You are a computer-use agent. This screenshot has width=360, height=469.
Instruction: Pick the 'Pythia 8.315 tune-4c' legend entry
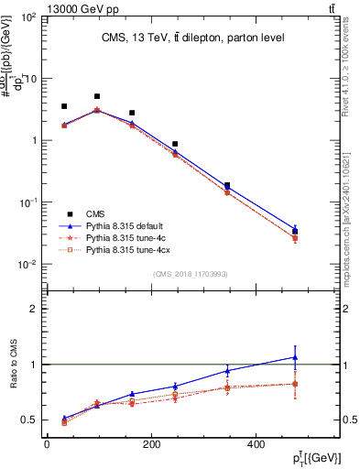point(127,235)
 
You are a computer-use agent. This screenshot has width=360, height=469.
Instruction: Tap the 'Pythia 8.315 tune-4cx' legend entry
point(129,248)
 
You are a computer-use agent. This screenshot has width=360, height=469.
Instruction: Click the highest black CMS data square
point(97,96)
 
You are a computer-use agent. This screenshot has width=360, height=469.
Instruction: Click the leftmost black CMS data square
point(64,106)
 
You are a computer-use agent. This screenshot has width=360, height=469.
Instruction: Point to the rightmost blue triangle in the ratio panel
point(295,357)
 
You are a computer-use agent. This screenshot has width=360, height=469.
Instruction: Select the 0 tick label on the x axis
point(47,445)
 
